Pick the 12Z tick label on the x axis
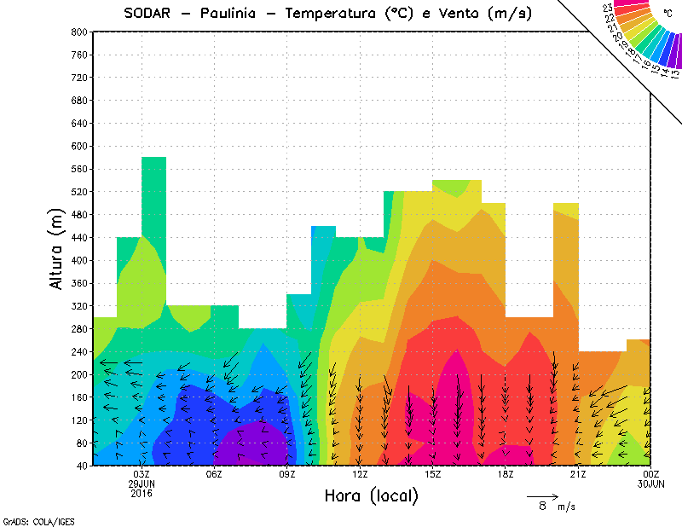point(360,474)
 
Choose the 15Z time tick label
point(432,474)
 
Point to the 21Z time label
point(578,474)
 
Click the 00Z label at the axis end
point(650,474)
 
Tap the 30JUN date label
point(650,484)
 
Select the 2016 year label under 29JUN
point(142,493)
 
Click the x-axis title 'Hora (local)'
point(370,495)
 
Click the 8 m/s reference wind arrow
point(541,495)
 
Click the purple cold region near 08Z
point(251,443)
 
